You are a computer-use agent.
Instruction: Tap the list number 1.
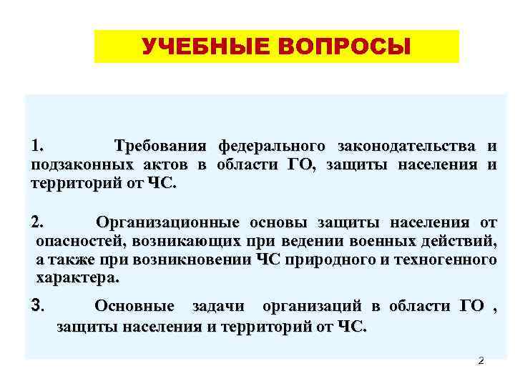coord(37,147)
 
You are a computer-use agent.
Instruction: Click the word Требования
coord(160,147)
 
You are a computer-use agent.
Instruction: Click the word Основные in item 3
coord(134,307)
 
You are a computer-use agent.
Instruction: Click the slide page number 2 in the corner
coord(481,361)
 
